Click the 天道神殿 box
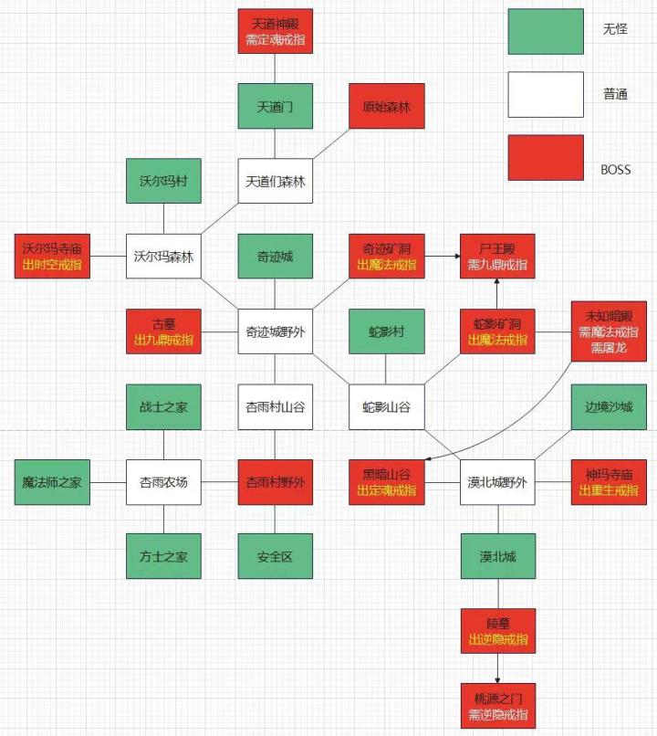coord(276,31)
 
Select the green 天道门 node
coord(276,106)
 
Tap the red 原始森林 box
coord(387,106)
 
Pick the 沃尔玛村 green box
coord(163,181)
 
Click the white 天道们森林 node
coord(276,181)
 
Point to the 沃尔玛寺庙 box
coord(52,256)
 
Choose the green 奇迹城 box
coord(276,256)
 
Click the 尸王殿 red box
coord(497,256)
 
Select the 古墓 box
coord(163,331)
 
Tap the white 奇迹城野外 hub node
coord(276,331)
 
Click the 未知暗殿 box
coord(609,331)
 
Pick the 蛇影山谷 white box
coord(387,407)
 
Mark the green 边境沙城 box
coord(609,407)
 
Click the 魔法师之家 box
coord(52,482)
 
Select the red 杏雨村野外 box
coord(276,482)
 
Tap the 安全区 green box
coord(276,556)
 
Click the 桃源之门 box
coord(498,706)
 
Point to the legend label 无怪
coord(615,29)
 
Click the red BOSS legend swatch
coord(546,158)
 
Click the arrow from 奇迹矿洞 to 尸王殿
coord(443,256)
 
